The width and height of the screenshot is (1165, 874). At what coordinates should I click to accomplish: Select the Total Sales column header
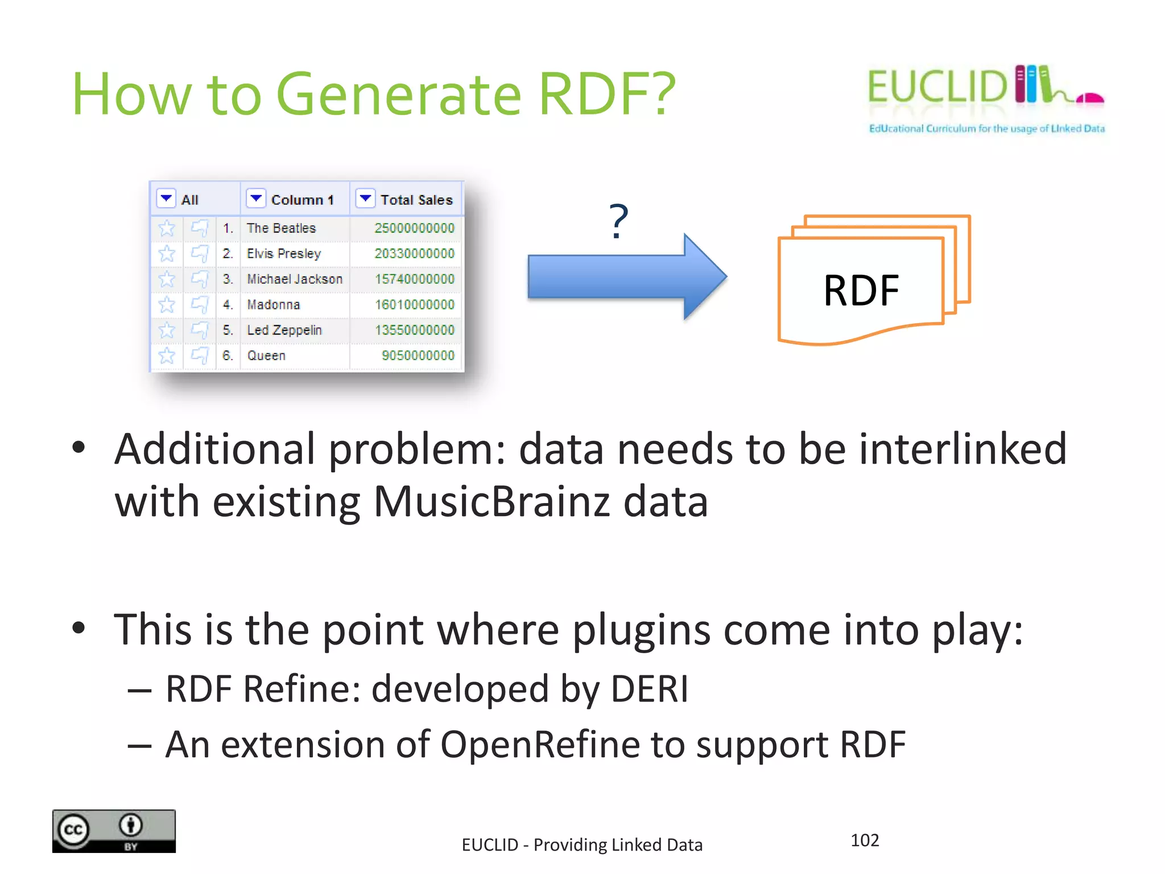pyautogui.click(x=416, y=200)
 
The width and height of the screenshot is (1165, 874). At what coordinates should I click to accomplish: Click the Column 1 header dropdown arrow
pyautogui.click(x=256, y=198)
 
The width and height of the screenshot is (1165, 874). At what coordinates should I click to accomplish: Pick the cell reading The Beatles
pyautogui.click(x=281, y=228)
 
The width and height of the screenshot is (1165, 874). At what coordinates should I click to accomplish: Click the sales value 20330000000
pyautogui.click(x=414, y=254)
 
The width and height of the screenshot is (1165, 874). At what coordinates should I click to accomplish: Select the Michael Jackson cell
pyautogui.click(x=295, y=279)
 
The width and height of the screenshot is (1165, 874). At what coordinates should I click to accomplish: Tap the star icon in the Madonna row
pyautogui.click(x=167, y=305)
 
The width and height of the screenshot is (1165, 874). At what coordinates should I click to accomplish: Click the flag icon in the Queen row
pyautogui.click(x=199, y=356)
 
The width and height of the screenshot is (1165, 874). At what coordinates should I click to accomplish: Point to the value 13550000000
pyautogui.click(x=414, y=330)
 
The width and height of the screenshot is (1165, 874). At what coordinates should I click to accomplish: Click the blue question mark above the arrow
pyautogui.click(x=618, y=221)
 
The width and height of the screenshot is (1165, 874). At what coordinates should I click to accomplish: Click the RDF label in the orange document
pyautogui.click(x=861, y=291)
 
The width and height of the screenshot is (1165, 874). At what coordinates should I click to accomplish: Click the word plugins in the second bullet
pyautogui.click(x=641, y=630)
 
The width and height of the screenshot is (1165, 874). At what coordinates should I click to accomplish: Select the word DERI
pyautogui.click(x=649, y=689)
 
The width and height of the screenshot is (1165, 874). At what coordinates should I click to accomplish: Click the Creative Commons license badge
pyautogui.click(x=114, y=831)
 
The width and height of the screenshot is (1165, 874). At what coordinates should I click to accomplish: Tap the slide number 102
pyautogui.click(x=864, y=840)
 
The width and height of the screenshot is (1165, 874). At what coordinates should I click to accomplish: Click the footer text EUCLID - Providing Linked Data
pyautogui.click(x=581, y=845)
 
